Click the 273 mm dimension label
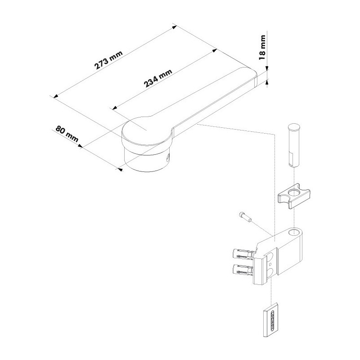(108, 60)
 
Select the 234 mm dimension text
(158, 78)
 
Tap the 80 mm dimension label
(67, 134)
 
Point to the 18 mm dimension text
(262, 48)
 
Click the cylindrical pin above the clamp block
(294, 145)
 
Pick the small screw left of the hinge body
(245, 217)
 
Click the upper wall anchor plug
(243, 254)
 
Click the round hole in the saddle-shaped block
(293, 192)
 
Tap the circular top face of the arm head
(146, 131)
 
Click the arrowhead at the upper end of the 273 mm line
(175, 27)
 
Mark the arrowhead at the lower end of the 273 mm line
(55, 96)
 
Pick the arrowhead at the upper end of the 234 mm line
(215, 50)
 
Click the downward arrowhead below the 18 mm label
(267, 69)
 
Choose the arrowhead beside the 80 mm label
(80, 146)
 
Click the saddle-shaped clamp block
(294, 195)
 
